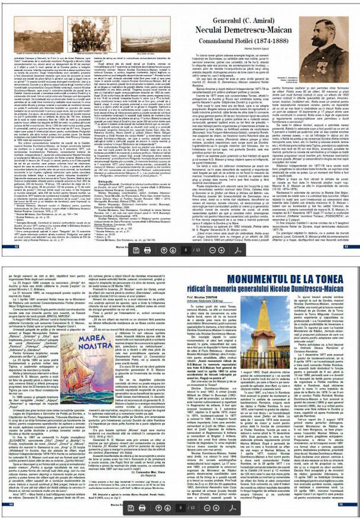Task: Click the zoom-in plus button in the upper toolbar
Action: (233, 249)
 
